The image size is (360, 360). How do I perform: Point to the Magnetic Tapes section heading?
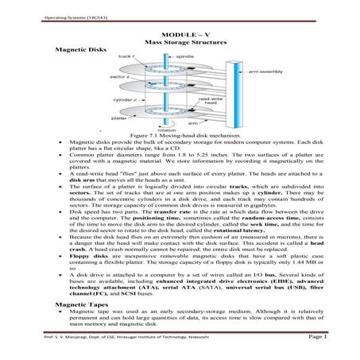(x=78, y=304)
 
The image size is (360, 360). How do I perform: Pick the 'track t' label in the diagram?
(x=125, y=57)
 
